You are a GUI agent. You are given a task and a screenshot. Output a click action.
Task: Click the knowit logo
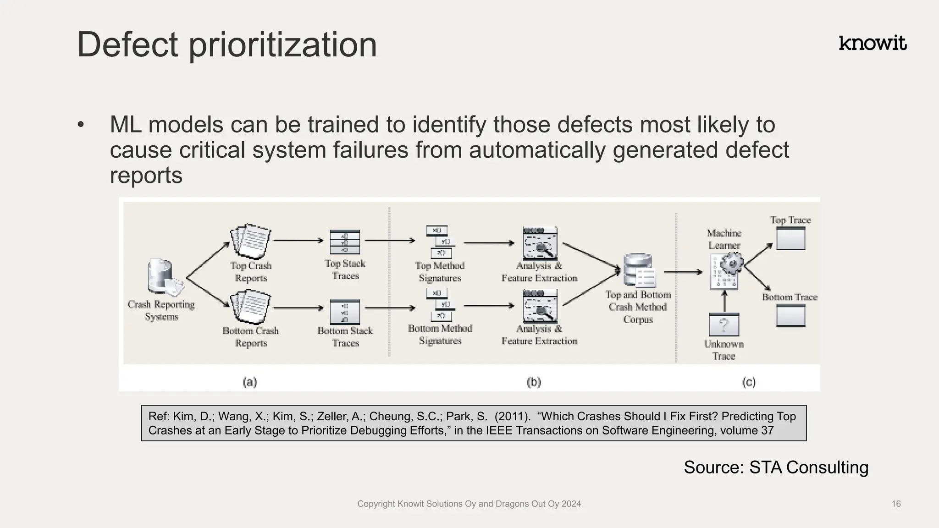pos(873,43)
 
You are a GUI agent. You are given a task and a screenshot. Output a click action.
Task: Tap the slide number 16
pos(896,504)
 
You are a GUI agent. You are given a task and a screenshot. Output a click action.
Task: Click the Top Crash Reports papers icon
pos(251,242)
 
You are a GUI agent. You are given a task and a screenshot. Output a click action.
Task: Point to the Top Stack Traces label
pos(345,269)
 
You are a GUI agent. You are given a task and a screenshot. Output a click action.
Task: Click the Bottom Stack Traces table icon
pos(345,312)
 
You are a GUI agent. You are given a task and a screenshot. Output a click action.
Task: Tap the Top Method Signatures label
pos(440,272)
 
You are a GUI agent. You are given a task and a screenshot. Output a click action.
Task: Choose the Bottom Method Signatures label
pos(440,335)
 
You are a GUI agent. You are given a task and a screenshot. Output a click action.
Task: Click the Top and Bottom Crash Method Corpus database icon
pos(639,270)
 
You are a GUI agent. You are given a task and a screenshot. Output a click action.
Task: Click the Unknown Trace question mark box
pos(724,324)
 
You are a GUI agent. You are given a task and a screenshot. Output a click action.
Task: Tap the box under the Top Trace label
pos(790,239)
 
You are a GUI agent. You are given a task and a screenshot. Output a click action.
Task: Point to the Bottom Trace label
pos(790,297)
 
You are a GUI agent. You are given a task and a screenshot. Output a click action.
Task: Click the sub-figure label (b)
pos(534,382)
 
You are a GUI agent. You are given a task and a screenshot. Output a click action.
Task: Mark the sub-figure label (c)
pos(748,382)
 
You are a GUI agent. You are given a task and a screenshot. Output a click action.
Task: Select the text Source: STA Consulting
pos(776,467)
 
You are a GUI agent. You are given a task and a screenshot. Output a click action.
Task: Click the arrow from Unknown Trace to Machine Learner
pos(724,301)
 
